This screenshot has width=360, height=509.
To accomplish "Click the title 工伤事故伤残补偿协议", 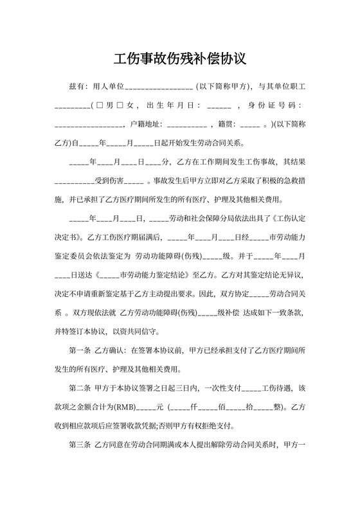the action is click(180, 59).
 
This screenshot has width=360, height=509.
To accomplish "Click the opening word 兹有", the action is click(76, 86).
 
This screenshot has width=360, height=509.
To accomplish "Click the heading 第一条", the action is click(79, 351).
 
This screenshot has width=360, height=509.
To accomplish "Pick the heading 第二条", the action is click(79, 388).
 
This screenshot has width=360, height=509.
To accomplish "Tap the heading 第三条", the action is click(79, 445).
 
